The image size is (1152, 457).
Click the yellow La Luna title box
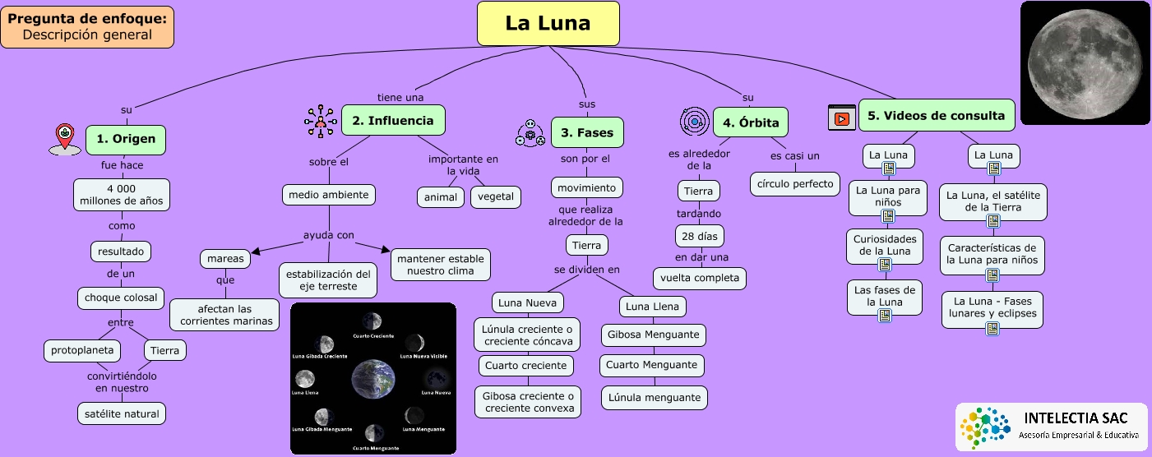tap(548, 23)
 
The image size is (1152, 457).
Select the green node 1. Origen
tap(125, 139)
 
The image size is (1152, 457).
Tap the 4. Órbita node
tap(751, 123)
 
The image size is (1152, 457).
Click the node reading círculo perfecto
tap(794, 182)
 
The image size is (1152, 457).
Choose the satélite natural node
tap(122, 413)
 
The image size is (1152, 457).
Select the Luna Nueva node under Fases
tap(528, 302)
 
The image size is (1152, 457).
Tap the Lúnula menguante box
tap(654, 398)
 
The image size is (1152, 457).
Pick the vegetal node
tap(495, 196)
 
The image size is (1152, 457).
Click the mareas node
tap(225, 259)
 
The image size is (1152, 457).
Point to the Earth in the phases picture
tap(374, 379)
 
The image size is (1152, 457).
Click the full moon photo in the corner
tap(1085, 62)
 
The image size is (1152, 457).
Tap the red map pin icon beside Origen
tap(65, 139)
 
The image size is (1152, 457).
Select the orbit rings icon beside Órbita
tap(695, 122)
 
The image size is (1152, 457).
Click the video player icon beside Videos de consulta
tap(841, 118)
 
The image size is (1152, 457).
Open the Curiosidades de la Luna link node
tap(885, 245)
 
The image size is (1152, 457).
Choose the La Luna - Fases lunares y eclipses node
tap(992, 307)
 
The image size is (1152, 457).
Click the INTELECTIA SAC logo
tap(1053, 426)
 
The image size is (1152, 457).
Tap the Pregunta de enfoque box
tap(87, 26)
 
